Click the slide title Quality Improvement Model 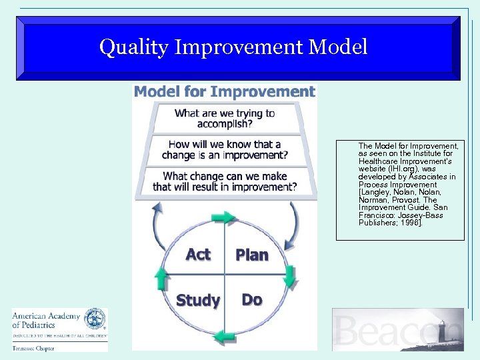pyautogui.click(x=233, y=47)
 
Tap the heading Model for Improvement pyautogui.click(x=224, y=91)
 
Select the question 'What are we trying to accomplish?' pyautogui.click(x=224, y=118)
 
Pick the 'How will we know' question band pyautogui.click(x=224, y=149)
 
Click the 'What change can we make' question pyautogui.click(x=224, y=181)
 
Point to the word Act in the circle pyautogui.click(x=198, y=255)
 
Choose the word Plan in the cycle pyautogui.click(x=252, y=255)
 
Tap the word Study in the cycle pyautogui.click(x=198, y=301)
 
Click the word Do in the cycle pyautogui.click(x=251, y=300)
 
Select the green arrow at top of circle pyautogui.click(x=223, y=217)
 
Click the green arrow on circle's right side pyautogui.click(x=289, y=275)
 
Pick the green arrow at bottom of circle pyautogui.click(x=225, y=335)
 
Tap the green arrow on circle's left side pyautogui.click(x=160, y=277)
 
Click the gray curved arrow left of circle pyautogui.click(x=157, y=227)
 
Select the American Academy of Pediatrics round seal pyautogui.click(x=95, y=319)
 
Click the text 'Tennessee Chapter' pyautogui.click(x=33, y=347)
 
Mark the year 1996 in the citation pyautogui.click(x=410, y=223)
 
